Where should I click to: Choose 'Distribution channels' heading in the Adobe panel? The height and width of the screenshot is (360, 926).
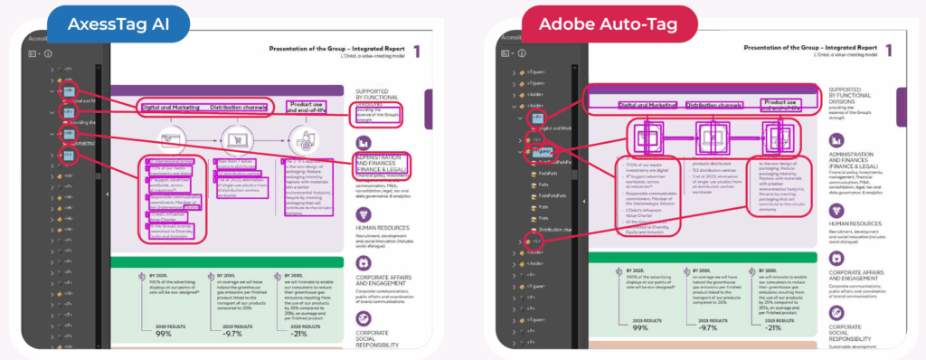tap(708, 106)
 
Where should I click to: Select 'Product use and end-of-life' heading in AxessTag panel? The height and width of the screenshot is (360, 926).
tap(302, 109)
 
